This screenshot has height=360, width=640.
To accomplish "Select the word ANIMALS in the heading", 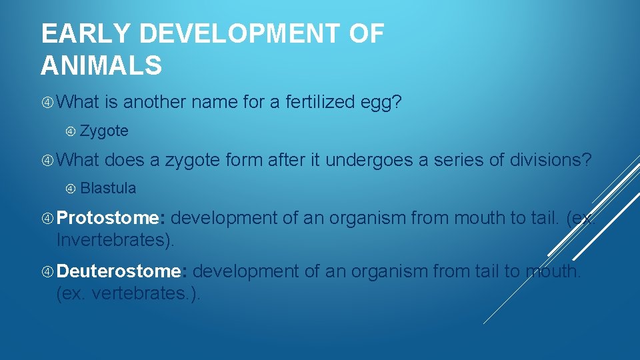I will [x=101, y=66].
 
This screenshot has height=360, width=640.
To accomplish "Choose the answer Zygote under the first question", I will [x=104, y=131].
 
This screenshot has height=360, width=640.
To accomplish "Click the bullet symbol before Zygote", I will [x=71, y=131].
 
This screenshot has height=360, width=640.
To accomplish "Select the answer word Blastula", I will [x=108, y=189].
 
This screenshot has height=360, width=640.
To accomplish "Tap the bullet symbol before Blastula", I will [x=71, y=189].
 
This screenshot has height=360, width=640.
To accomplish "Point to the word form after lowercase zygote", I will [x=244, y=161].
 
